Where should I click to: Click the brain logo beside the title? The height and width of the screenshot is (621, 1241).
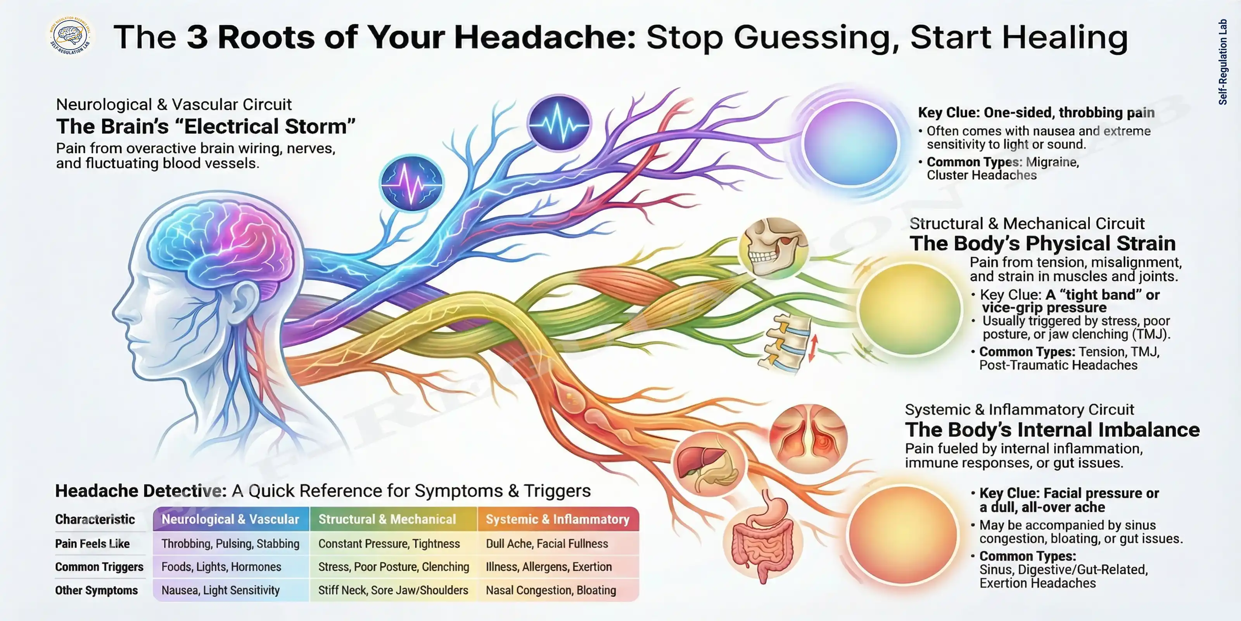tap(70, 36)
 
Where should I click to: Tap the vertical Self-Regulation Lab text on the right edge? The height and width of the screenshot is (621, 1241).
tap(1222, 62)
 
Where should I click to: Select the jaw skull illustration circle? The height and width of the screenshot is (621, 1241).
tap(774, 248)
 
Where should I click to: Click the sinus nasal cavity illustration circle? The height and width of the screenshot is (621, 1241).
tap(808, 439)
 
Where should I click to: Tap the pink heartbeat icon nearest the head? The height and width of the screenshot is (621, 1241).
tap(411, 183)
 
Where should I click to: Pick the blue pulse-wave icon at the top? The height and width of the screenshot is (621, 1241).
tap(559, 123)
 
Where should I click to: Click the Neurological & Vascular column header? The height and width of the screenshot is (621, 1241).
tap(230, 519)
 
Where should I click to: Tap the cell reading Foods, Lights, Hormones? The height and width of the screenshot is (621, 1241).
tap(221, 567)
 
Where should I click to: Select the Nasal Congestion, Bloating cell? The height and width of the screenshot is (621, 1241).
tap(551, 590)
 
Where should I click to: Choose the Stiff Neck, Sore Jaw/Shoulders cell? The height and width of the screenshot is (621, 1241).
tap(393, 590)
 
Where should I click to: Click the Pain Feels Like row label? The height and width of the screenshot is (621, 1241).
tap(92, 543)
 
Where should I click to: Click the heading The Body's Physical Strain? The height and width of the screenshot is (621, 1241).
tap(1042, 243)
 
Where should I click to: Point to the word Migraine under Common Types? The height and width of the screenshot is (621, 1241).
tap(1052, 162)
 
